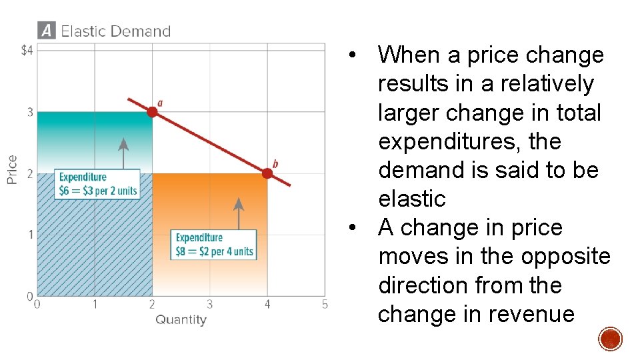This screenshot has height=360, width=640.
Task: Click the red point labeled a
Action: pos(152,112)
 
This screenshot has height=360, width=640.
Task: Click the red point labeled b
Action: pos(267,173)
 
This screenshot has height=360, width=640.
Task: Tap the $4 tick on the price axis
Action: pos(27,51)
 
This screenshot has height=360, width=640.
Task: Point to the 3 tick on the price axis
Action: pos(30,112)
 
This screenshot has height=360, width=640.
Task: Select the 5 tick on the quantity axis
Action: pos(325,305)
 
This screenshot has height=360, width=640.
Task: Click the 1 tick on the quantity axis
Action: pos(95,305)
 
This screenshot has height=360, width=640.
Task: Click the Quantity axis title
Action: pos(181,320)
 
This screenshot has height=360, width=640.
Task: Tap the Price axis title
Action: pos(12,169)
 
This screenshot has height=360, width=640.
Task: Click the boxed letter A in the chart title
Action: pos(46,31)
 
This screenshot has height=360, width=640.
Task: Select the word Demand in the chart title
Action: pos(141,31)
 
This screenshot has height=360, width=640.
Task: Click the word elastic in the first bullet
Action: pos(411,199)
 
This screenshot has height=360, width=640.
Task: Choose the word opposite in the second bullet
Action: pos(566,256)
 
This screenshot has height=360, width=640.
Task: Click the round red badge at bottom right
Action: pos(610,339)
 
